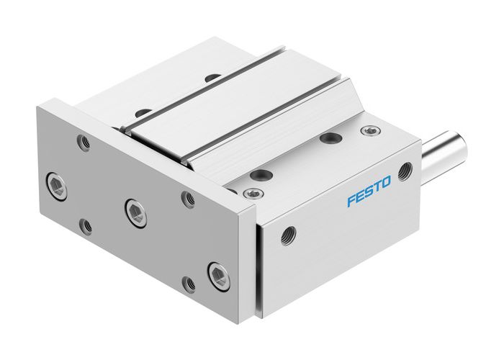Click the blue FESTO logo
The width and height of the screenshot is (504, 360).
click(x=369, y=195)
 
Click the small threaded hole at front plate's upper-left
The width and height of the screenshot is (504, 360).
click(x=84, y=143)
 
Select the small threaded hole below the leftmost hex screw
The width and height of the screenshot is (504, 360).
click(x=86, y=225)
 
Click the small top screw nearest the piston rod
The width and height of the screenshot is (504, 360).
click(x=370, y=131)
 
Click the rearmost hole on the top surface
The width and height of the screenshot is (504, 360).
click(x=211, y=77)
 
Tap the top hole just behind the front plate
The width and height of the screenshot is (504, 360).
click(x=144, y=112)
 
